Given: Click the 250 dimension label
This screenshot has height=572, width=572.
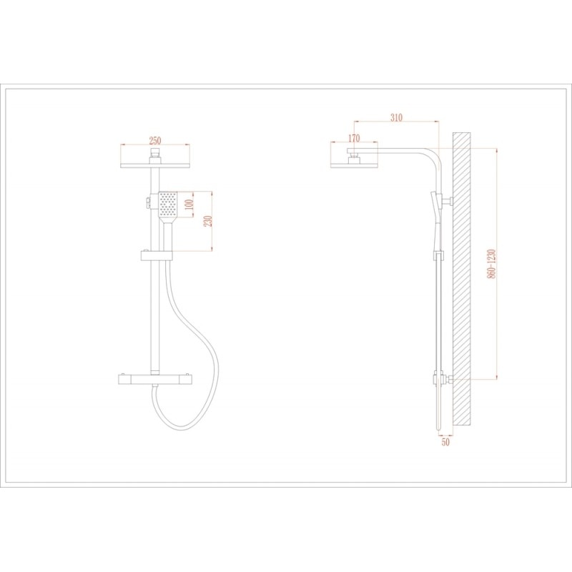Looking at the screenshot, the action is tap(155, 140).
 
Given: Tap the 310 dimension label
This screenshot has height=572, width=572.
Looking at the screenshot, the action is tap(396, 117).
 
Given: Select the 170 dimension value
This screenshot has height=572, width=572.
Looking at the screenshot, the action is tap(354, 138).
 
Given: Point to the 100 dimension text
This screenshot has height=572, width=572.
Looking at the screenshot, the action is tap(189, 204).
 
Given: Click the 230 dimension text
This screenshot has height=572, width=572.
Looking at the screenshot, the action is tap(208, 221).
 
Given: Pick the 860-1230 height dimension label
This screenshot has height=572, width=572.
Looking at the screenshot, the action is tap(492, 264).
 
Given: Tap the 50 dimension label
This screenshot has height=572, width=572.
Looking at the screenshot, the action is tap(445, 442).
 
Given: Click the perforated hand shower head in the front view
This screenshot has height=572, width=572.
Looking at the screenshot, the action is tap(168, 204).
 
